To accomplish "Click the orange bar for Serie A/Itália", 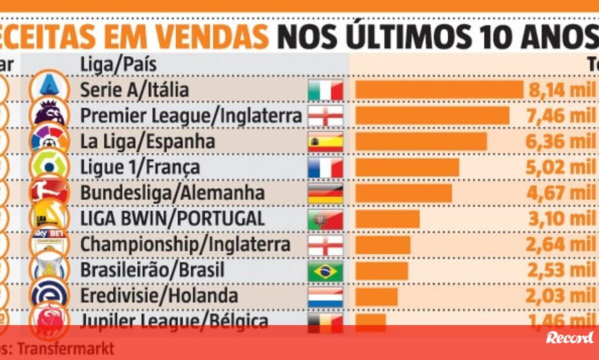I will click(x=439, y=90).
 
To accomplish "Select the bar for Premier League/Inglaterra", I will click(x=432, y=116).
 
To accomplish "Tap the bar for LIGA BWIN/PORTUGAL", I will click(x=387, y=219).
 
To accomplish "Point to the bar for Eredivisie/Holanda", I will click(x=376, y=296).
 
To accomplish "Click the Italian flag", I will click(x=325, y=90).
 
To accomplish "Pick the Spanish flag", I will click(x=325, y=142).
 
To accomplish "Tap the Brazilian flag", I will click(x=325, y=271).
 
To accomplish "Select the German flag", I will click(x=325, y=193).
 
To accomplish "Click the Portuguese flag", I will click(x=325, y=219).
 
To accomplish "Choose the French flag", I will click(x=325, y=168).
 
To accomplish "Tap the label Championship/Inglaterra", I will click(x=185, y=245).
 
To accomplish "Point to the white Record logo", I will click(x=570, y=338).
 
